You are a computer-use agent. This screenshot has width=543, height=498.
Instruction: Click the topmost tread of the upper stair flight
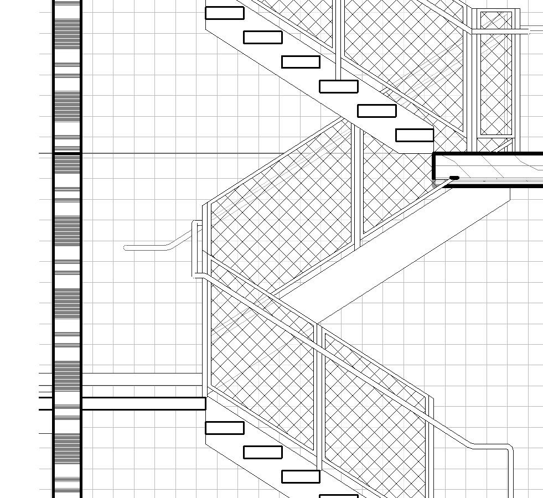pos(225,13)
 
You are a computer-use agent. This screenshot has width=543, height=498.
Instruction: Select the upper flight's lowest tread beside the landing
pos(415,135)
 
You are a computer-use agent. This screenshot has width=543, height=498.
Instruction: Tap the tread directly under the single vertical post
pos(339,86)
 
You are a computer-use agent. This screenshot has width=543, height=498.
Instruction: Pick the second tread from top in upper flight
pos(263,37)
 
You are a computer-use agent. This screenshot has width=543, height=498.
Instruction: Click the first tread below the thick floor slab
pos(225,428)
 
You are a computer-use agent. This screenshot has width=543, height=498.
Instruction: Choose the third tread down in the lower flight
pos(301,476)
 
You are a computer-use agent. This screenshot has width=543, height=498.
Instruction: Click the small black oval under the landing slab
pos(454,178)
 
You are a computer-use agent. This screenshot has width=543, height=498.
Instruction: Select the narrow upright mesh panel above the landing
pos(496,72)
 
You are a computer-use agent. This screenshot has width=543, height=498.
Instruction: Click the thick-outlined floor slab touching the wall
pos(143,403)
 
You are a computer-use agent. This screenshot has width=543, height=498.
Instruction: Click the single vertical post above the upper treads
pos(339,39)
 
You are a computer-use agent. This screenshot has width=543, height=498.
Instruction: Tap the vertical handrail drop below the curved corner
pos(510,476)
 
